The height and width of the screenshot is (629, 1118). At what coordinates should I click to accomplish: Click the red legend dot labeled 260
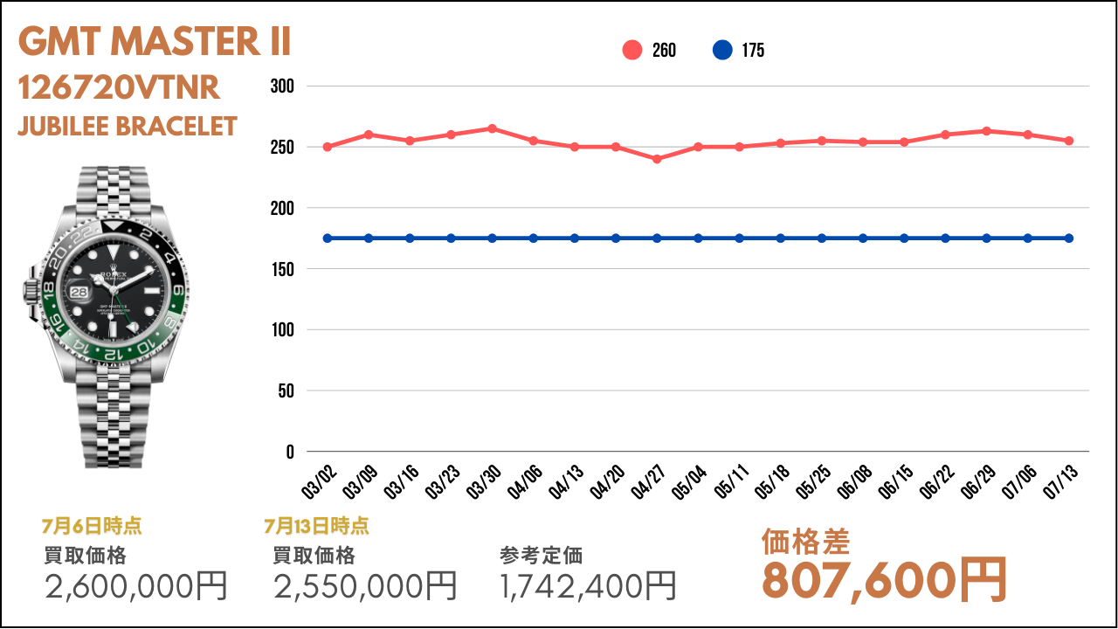point(631,50)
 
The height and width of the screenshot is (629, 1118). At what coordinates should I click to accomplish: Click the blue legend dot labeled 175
point(722,50)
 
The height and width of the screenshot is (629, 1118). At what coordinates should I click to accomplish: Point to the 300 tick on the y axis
point(282,86)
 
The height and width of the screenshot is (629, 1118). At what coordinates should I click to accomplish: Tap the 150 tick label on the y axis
point(282,269)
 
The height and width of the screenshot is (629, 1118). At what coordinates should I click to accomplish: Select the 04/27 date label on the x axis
point(648,481)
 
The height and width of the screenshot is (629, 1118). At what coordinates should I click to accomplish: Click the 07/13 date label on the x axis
point(1060,481)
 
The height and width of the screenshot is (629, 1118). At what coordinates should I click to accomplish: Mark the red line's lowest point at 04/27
point(657,159)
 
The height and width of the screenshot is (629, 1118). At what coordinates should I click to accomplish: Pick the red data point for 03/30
point(492,128)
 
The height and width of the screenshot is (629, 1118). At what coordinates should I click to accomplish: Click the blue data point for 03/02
point(328,238)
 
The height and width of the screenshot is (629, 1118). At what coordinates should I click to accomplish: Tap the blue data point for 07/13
point(1069,238)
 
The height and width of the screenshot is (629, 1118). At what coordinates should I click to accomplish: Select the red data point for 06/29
point(987,131)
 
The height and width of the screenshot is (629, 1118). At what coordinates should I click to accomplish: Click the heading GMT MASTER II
point(155,41)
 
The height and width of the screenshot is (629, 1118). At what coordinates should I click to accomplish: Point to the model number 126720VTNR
point(119,88)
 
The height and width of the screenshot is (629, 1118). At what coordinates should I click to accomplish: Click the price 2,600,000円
point(136,585)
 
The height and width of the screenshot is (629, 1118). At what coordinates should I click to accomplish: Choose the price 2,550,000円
point(365,585)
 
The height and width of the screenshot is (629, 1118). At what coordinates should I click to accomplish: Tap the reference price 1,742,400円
point(588,585)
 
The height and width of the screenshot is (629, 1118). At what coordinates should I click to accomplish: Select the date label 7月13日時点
point(316,526)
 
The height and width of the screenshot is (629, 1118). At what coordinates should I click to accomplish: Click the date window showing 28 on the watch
point(79,292)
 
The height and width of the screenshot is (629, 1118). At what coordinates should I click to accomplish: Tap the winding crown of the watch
point(31,291)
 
